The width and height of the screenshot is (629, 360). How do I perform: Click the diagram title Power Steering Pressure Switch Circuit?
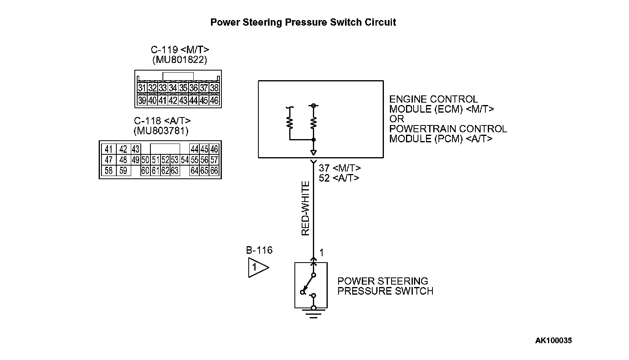(303, 22)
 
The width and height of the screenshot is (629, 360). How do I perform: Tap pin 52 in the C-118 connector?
(165, 160)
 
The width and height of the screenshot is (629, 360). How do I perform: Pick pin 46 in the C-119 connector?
(214, 101)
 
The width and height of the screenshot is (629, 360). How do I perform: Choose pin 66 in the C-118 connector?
(214, 171)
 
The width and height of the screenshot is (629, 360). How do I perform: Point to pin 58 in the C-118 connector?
(109, 171)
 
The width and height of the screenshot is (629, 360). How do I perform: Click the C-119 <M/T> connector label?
(180, 50)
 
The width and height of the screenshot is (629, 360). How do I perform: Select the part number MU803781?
(160, 131)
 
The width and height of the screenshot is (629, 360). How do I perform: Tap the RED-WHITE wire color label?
(306, 208)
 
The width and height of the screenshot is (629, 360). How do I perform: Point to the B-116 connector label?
(259, 251)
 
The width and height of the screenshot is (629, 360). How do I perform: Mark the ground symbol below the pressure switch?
(313, 312)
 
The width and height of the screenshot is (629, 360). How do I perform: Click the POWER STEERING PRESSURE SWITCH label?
(385, 286)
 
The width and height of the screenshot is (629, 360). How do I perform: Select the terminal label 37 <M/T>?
(340, 168)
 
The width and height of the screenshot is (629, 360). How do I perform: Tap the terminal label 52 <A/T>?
(339, 178)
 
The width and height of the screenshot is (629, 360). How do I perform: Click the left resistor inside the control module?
(289, 122)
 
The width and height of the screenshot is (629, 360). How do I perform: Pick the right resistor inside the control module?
(314, 122)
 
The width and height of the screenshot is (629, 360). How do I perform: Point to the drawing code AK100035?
(553, 341)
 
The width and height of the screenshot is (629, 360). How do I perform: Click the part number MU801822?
(180, 60)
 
